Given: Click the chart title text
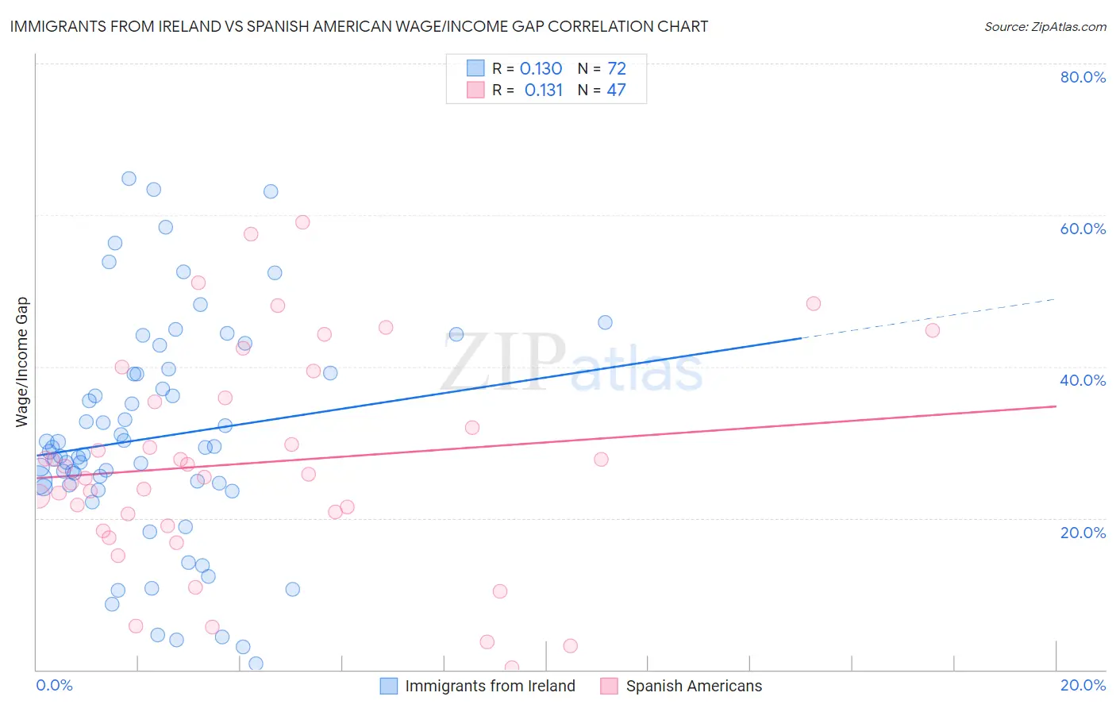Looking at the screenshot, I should [x=359, y=26].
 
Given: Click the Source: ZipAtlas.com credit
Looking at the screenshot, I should [x=1045, y=26].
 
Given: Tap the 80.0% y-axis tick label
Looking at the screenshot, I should [x=1083, y=77].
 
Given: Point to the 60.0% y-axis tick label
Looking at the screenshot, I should [x=1083, y=229].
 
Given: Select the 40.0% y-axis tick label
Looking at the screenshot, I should [x=1083, y=380].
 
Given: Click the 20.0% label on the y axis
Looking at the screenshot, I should [x=1083, y=532].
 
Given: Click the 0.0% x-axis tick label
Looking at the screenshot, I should [x=54, y=685].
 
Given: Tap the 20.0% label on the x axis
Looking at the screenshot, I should [x=1083, y=685].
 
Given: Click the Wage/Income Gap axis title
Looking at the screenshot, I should [x=22, y=362].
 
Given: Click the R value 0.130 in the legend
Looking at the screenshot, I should [x=541, y=69].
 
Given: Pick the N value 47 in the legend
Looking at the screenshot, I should [x=616, y=90].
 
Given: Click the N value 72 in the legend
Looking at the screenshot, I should [x=616, y=69].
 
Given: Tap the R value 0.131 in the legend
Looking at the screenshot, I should [x=543, y=90].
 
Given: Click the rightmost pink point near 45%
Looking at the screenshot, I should [x=933, y=330].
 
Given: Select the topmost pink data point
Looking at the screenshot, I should [x=302, y=222].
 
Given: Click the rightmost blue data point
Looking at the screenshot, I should [x=605, y=322].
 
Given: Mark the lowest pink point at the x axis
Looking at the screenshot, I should [x=512, y=668].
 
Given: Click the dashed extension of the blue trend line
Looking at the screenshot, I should [x=929, y=318].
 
